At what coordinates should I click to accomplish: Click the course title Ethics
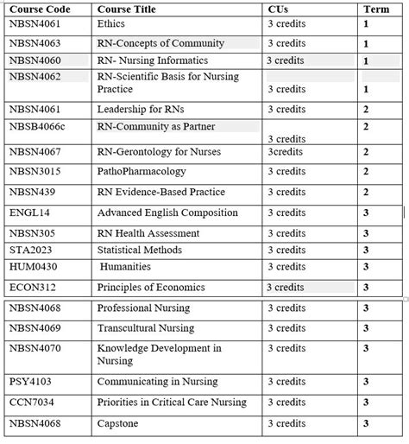(111, 24)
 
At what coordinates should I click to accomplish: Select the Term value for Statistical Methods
(366, 251)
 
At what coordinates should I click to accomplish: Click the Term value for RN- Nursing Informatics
(366, 61)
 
